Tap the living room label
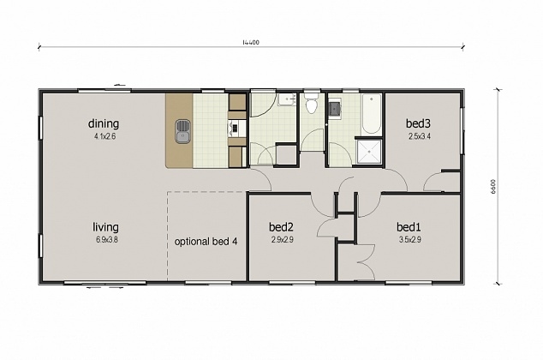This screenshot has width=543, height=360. (x=106, y=227)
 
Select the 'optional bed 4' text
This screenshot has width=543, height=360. (x=206, y=242)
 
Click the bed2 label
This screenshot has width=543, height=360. (x=282, y=227)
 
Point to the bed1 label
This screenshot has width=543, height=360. (x=409, y=227)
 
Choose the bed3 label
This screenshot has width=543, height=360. (x=418, y=123)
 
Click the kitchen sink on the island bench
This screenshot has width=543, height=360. (x=182, y=131)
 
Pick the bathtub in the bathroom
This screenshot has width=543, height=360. (x=371, y=115)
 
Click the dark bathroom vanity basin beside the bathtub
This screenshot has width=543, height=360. (x=336, y=108)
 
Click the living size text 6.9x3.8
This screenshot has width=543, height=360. (x=106, y=240)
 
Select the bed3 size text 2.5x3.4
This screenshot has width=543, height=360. (x=418, y=135)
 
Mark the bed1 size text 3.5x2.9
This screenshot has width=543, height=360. (x=409, y=240)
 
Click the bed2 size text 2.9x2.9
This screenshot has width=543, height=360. (x=282, y=240)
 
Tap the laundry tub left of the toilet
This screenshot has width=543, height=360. (x=288, y=102)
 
